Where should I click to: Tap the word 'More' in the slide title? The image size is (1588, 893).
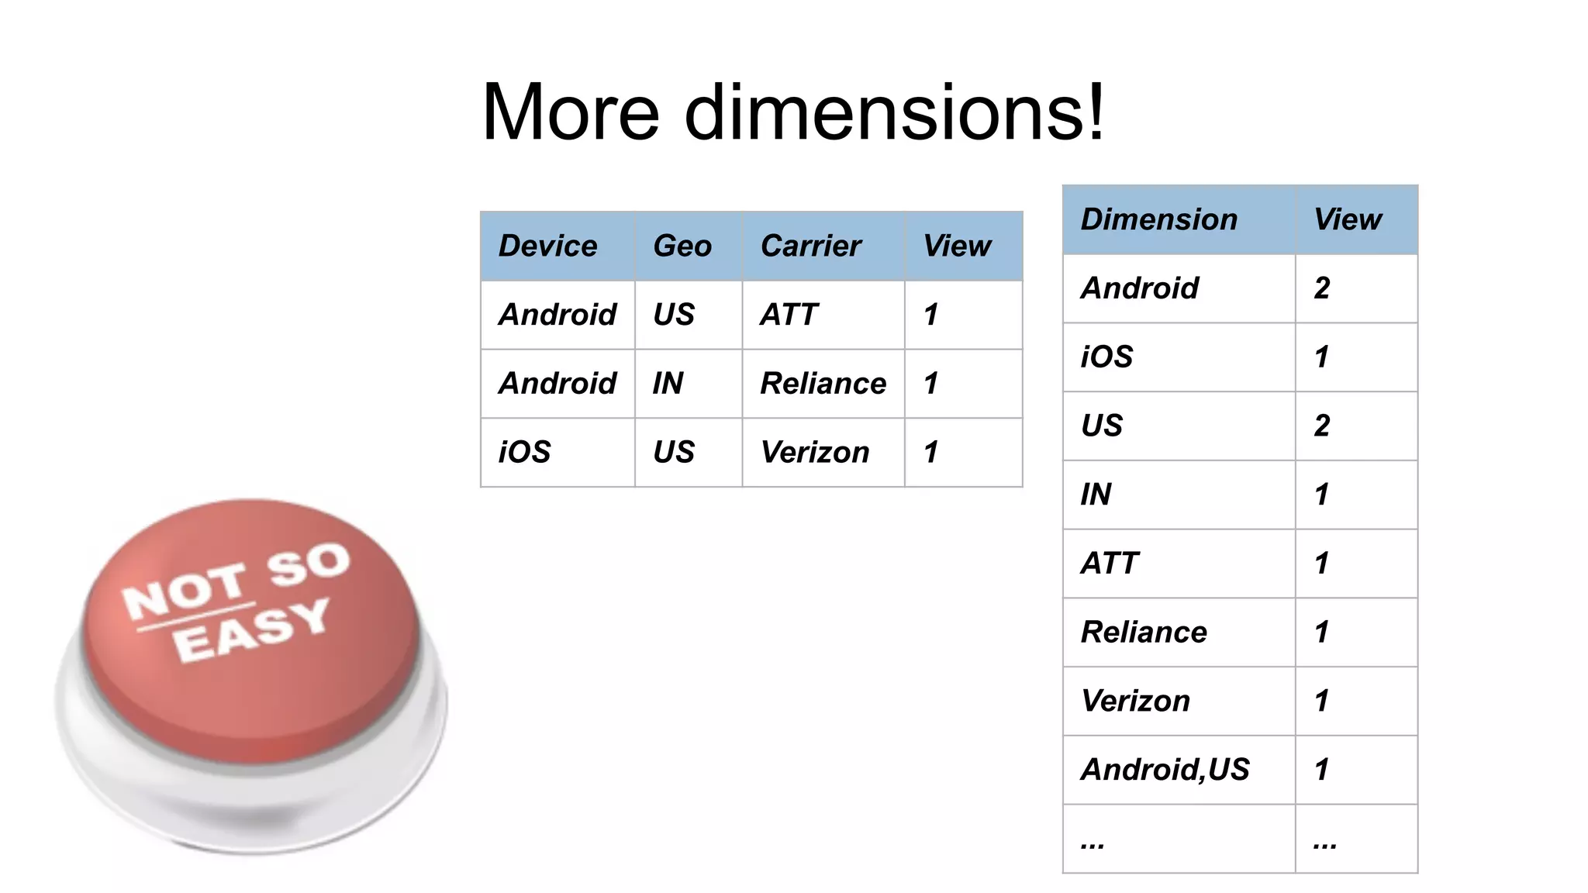(570, 113)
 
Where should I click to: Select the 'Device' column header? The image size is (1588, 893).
(547, 247)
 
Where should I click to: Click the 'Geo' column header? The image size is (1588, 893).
(682, 247)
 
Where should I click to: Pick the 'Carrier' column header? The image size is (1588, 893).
(810, 247)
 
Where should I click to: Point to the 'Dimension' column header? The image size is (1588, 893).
(1158, 220)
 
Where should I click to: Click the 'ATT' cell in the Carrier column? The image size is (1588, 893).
(789, 315)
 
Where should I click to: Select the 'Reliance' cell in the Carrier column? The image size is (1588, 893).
(823, 384)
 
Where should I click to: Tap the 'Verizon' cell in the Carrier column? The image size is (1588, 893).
(814, 453)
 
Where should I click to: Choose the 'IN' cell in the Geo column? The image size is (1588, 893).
(668, 384)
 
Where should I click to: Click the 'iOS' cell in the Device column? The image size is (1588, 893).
(524, 453)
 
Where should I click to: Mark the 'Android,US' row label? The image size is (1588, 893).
(1165, 770)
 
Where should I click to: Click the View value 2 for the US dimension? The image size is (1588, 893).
(1322, 426)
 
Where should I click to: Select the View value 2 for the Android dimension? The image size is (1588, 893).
(1322, 288)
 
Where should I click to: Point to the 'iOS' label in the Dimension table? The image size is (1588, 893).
(1106, 357)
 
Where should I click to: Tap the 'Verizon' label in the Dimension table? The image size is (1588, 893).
(1135, 702)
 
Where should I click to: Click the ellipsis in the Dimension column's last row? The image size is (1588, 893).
(1092, 843)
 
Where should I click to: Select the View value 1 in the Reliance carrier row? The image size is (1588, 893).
(931, 384)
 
